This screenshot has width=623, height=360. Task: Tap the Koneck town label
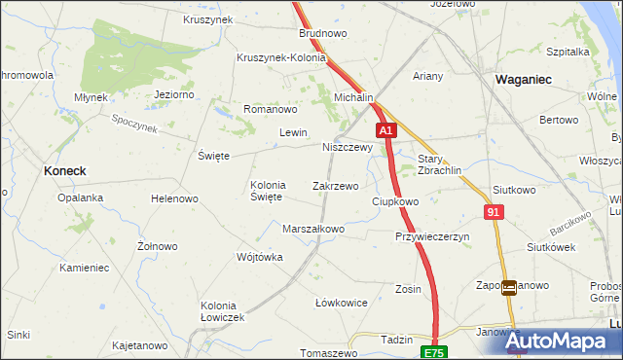[x=65, y=170]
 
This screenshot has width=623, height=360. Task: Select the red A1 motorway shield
[x=386, y=129]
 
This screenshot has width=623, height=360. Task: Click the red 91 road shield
[x=495, y=211]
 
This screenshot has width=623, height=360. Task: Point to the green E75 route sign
[x=433, y=351]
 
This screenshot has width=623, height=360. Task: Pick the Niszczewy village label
[x=348, y=148]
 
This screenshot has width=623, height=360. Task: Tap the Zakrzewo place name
[x=335, y=185]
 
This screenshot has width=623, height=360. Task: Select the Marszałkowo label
[x=313, y=230]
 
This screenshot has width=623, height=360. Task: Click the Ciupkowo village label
[x=395, y=201]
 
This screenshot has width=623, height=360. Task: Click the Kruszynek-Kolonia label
[x=280, y=57]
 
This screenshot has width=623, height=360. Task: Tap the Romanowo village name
[x=269, y=109]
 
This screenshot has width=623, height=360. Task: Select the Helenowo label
[x=174, y=198]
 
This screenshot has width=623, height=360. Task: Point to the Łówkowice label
[x=342, y=303]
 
